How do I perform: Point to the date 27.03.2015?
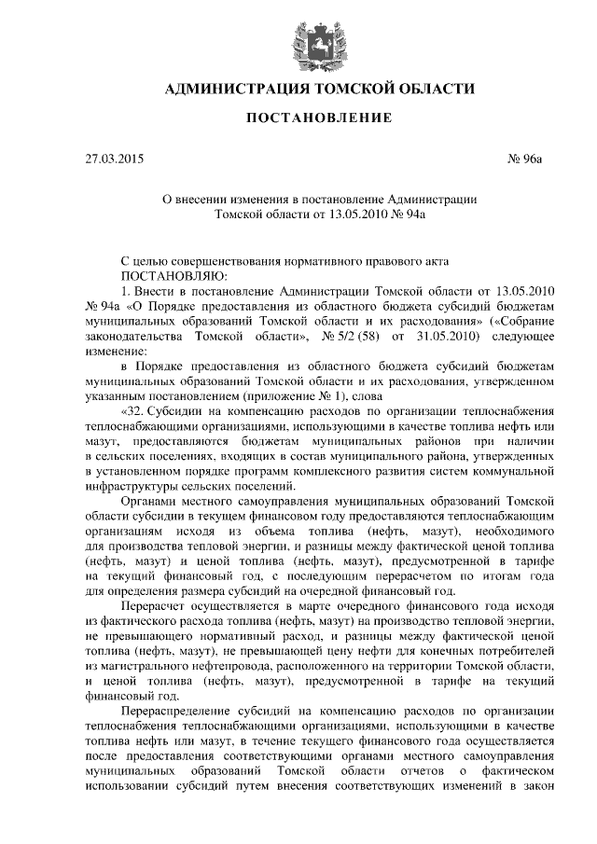tap(114, 159)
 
